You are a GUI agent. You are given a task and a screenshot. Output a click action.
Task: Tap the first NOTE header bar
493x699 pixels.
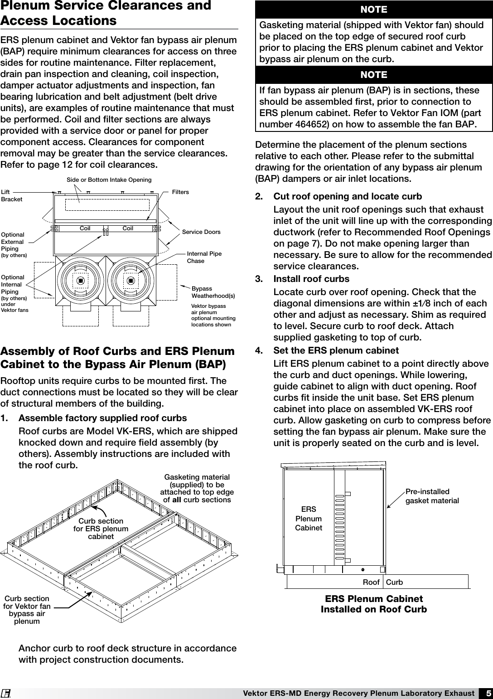(374, 10)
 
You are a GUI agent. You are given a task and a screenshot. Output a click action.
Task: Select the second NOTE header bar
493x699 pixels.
(374, 74)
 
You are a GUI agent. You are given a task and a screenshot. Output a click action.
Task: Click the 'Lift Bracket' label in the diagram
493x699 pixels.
(11, 196)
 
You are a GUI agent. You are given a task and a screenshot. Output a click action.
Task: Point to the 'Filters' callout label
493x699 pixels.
(180, 192)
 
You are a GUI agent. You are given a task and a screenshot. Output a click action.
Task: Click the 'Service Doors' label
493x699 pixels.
(201, 232)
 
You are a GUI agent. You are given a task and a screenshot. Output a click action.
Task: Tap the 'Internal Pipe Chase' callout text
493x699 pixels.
(204, 257)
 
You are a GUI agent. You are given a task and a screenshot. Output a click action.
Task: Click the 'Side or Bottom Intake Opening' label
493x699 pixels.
(109, 180)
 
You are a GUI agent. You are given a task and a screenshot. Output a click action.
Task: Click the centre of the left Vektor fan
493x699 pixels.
(80, 281)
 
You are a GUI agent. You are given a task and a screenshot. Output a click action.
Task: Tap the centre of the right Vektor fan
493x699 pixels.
(131, 281)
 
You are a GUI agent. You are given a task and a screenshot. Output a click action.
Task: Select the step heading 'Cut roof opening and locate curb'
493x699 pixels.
(348, 197)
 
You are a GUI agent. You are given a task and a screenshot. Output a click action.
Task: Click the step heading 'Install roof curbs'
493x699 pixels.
(311, 278)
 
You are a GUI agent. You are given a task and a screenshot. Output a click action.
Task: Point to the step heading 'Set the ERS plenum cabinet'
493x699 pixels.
(336, 350)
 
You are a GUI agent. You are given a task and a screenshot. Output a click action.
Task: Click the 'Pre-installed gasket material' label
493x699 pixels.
(432, 496)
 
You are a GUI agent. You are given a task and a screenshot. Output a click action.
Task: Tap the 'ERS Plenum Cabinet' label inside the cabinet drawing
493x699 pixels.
(309, 519)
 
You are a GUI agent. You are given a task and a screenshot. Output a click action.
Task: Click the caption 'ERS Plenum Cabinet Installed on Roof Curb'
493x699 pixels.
(374, 604)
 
